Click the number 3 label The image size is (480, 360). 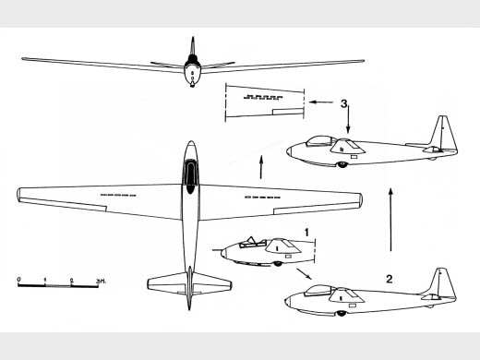343,103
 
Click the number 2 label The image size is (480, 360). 390,279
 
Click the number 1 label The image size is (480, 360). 306,233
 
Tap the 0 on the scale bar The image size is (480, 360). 19,280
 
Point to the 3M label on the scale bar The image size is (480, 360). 101,281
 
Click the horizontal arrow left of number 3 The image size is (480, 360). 321,102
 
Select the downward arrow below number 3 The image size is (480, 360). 348,119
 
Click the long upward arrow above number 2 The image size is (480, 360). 390,219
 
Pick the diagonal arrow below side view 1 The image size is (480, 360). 304,274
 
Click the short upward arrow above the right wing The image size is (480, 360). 261,167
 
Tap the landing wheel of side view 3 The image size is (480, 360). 342,165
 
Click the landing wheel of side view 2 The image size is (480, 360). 341,314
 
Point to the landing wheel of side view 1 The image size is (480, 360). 278,264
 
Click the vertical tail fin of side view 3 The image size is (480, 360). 443,133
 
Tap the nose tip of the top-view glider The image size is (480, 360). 191,141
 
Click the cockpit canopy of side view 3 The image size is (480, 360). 320,140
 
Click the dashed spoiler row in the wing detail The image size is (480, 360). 263,97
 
